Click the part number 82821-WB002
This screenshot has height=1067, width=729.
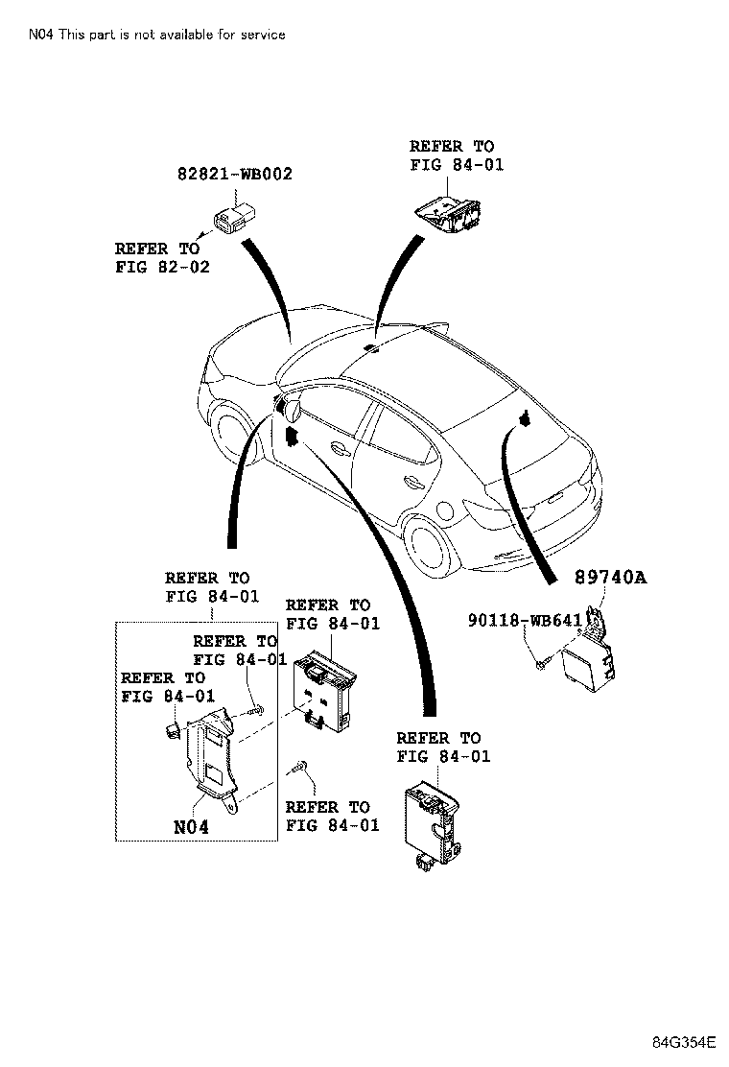point(235,175)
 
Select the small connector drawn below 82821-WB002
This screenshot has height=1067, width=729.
point(229,221)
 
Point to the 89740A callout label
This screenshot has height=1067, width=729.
point(611,578)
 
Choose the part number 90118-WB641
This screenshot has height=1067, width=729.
point(525,621)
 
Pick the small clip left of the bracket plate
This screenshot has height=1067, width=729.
point(174,732)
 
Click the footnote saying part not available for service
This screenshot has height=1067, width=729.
point(156,35)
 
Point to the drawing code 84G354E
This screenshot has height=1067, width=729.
point(683,1043)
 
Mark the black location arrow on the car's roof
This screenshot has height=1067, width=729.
point(373,345)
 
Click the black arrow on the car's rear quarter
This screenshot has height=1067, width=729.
point(526,416)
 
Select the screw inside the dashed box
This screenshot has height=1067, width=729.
point(256,711)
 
